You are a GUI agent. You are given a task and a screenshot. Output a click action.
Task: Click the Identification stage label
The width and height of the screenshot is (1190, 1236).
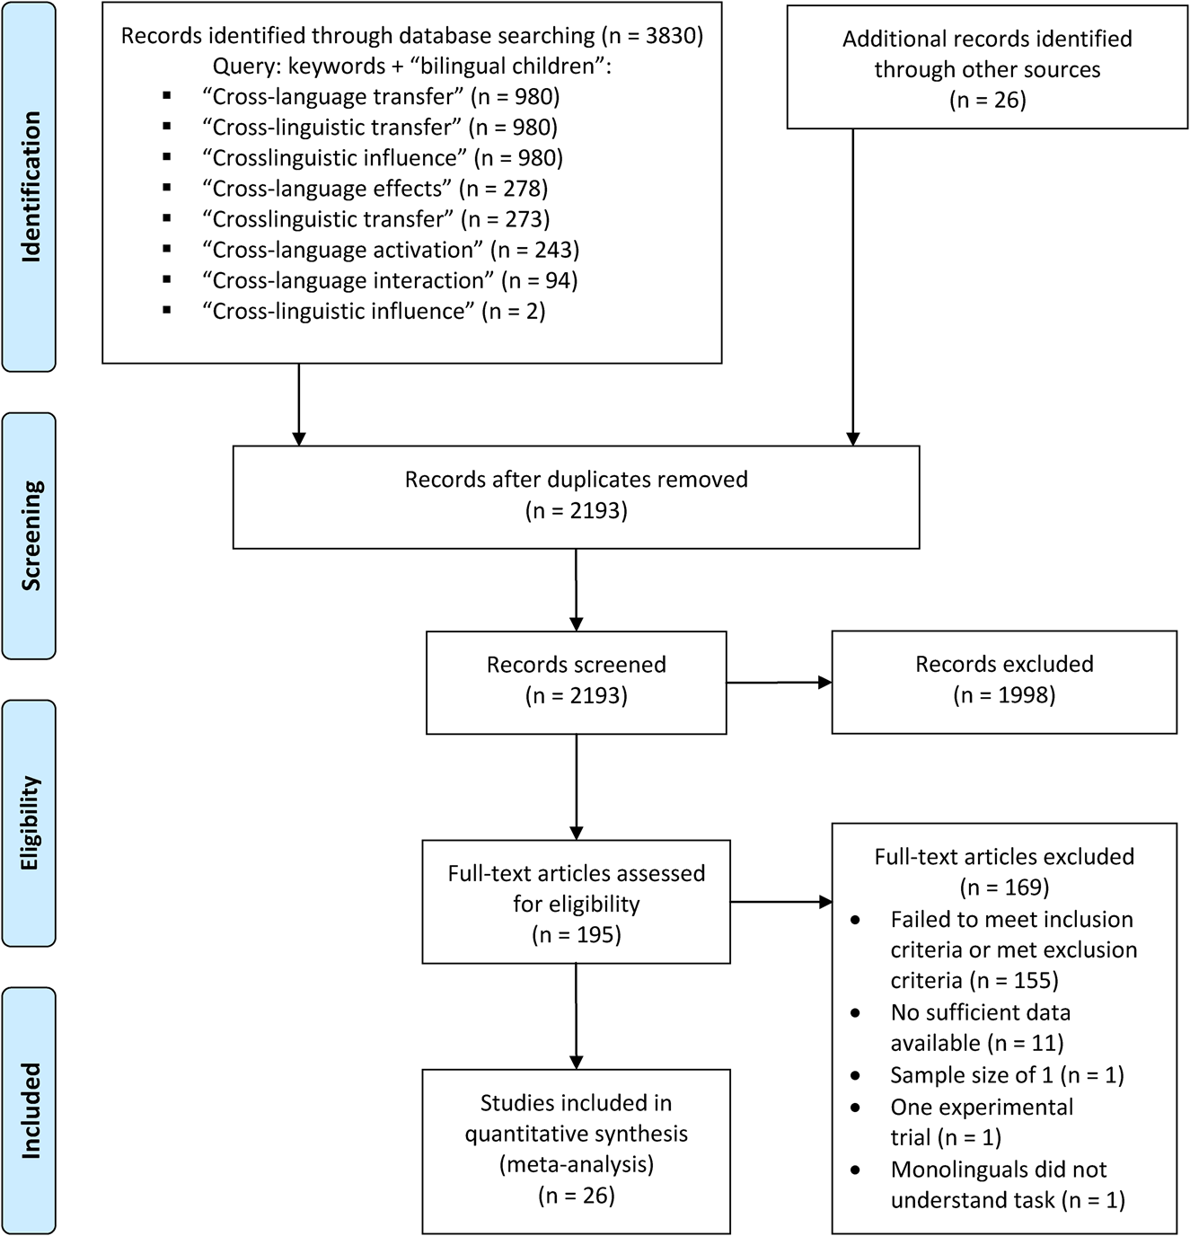pyautogui.click(x=30, y=187)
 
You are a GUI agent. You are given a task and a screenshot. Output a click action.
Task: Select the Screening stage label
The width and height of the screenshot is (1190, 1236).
pyautogui.click(x=30, y=536)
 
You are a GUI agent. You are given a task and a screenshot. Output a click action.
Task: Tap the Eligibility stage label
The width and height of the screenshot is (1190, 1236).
pyautogui.click(x=30, y=823)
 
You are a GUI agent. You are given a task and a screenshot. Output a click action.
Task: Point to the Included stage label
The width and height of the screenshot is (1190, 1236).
pyautogui.click(x=30, y=1110)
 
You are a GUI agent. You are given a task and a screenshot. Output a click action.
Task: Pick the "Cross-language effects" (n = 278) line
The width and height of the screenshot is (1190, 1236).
pyautogui.click(x=375, y=189)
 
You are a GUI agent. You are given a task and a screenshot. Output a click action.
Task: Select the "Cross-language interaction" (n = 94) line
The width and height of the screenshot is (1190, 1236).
pyautogui.click(x=390, y=280)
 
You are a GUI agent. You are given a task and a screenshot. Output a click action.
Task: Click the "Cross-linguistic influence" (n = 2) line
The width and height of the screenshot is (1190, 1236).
pyautogui.click(x=374, y=311)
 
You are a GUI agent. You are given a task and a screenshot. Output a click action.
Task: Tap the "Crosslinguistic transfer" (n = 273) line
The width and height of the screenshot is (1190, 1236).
pyautogui.click(x=375, y=219)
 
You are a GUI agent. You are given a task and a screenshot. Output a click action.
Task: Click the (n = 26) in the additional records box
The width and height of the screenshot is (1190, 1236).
pyautogui.click(x=987, y=100)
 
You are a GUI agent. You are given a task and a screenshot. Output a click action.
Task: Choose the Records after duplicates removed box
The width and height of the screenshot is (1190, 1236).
pyautogui.click(x=576, y=496)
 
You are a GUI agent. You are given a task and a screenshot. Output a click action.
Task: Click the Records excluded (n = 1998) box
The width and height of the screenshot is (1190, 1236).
pyautogui.click(x=1003, y=681)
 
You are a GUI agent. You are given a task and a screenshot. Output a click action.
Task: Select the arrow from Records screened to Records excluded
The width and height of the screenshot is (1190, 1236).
pyautogui.click(x=779, y=683)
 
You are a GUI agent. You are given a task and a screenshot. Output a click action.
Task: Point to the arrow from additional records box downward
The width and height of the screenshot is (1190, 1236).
pyautogui.click(x=852, y=287)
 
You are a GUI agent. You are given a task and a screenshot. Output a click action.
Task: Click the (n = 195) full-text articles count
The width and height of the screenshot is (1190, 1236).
pyautogui.click(x=576, y=935)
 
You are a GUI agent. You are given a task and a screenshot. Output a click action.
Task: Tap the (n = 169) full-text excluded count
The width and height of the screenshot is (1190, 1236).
pyautogui.click(x=1003, y=887)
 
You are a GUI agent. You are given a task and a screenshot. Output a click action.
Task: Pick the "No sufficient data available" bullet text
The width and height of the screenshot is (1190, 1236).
pyautogui.click(x=979, y=1028)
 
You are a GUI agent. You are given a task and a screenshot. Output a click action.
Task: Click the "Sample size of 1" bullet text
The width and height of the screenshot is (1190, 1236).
pyautogui.click(x=1006, y=1075)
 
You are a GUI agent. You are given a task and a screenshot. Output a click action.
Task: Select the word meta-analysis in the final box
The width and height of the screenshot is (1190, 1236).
pyautogui.click(x=576, y=1165)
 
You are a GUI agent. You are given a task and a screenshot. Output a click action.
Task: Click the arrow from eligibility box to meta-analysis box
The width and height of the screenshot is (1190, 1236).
pyautogui.click(x=576, y=1015)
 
